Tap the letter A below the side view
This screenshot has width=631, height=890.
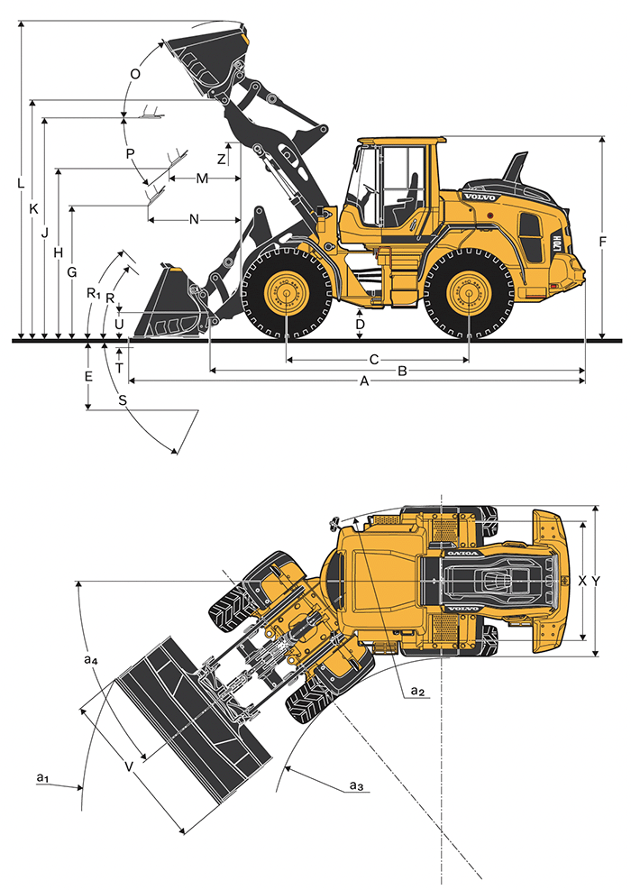click(x=365, y=381)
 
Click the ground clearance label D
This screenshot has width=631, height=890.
click(x=360, y=324)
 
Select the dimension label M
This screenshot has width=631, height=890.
click(x=202, y=179)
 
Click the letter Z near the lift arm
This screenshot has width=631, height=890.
click(x=223, y=158)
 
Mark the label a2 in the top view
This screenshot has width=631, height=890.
click(x=416, y=690)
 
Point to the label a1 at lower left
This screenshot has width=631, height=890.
click(x=41, y=776)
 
